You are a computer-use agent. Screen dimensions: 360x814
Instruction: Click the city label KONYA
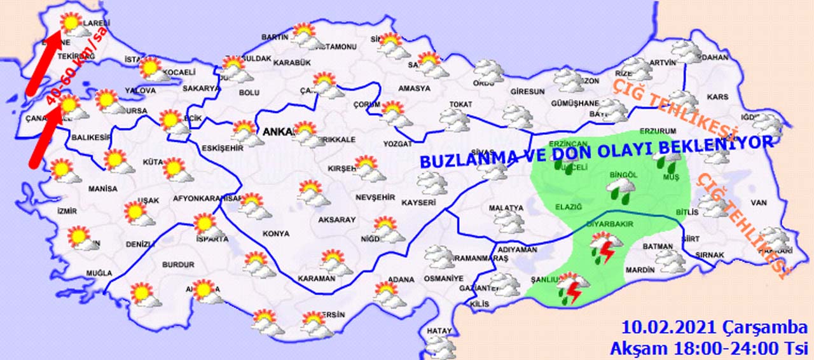point(275,233)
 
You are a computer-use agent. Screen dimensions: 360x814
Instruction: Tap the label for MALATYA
point(506,208)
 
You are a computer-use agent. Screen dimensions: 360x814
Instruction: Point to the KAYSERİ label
point(418,203)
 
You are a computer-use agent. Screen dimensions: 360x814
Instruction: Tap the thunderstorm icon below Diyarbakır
point(605,247)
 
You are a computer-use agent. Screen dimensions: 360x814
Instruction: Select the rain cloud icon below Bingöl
point(620,188)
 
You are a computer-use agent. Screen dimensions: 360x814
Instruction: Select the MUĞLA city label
point(99,274)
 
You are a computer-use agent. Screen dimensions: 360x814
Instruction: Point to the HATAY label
point(439,330)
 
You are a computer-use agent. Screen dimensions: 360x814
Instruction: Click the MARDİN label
point(640,270)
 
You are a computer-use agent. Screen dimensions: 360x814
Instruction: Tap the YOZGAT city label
point(398,144)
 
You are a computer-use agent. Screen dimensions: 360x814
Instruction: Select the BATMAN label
point(658,246)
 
